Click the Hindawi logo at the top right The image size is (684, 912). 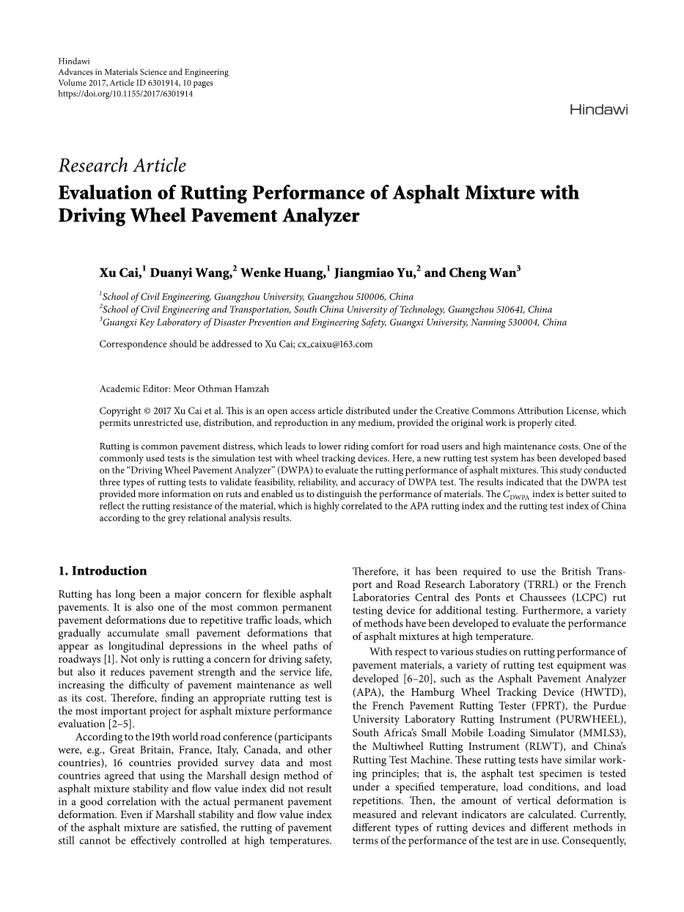click(598, 110)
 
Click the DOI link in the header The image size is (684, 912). click(125, 95)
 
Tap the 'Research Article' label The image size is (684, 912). click(122, 166)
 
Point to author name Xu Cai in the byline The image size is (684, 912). click(120, 273)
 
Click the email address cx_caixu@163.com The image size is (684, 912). click(335, 344)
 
